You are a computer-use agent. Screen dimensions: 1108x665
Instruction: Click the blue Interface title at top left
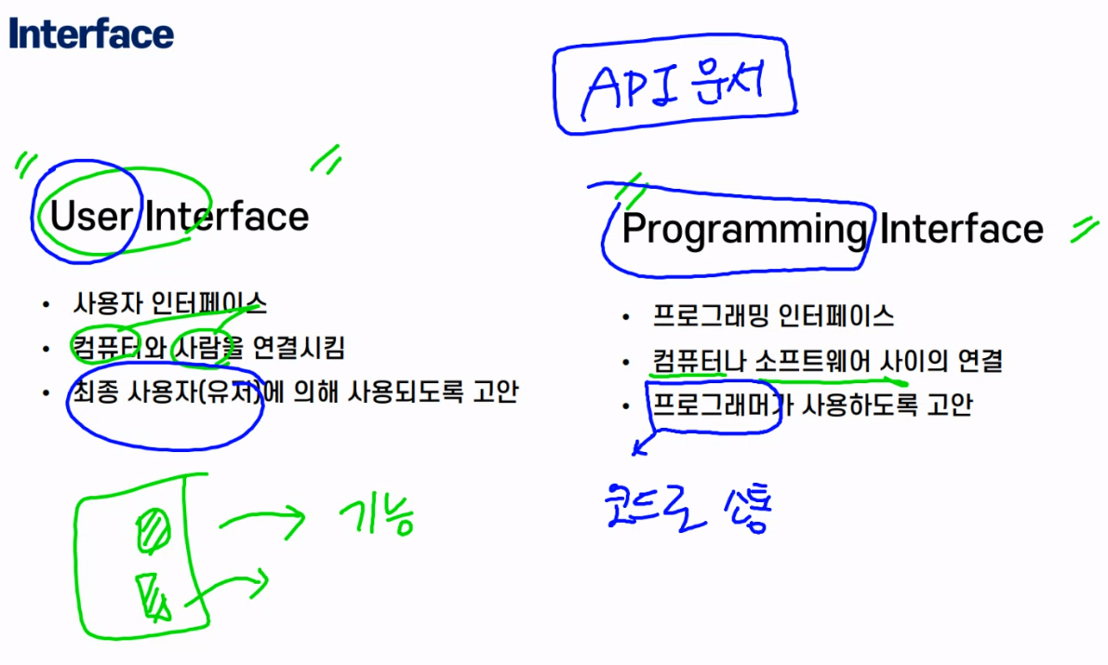click(91, 34)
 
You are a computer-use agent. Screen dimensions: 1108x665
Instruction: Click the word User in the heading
click(90, 216)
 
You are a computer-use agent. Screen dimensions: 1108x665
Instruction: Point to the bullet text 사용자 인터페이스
click(169, 303)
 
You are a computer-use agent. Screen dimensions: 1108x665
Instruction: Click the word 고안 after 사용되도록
click(494, 392)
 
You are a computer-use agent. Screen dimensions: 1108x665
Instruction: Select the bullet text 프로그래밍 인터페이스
click(773, 316)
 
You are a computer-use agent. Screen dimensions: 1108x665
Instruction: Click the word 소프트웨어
click(813, 360)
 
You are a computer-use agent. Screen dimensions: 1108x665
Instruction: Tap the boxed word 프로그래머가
click(715, 405)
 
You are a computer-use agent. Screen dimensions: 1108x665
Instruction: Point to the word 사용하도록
click(853, 405)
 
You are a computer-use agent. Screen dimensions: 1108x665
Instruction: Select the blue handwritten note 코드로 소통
click(688, 510)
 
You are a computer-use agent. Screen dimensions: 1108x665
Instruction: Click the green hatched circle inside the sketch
click(152, 532)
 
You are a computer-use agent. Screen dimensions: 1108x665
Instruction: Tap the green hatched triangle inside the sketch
click(151, 595)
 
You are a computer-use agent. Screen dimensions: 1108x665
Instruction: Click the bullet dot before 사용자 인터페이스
click(45, 304)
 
